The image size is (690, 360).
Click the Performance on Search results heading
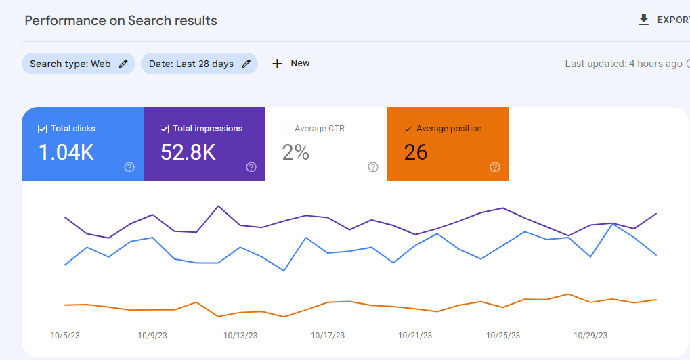coord(121,20)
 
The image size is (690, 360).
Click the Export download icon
coord(643,20)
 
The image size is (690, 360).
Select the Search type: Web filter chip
coord(70,64)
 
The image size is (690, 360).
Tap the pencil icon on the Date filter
coord(246,64)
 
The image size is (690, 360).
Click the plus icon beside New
coord(276,64)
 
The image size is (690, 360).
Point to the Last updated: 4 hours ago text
coord(624,64)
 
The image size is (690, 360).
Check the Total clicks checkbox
coord(42,129)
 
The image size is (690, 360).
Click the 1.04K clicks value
coord(66,152)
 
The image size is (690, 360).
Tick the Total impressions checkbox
coord(164,129)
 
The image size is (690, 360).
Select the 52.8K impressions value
coord(188,152)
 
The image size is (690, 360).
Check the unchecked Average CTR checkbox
coord(286,129)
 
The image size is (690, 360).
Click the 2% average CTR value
coord(295,152)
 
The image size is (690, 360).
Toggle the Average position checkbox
coord(408,129)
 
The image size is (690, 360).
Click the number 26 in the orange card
coord(415,152)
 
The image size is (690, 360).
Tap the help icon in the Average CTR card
coord(373,167)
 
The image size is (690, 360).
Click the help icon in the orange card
coord(495,167)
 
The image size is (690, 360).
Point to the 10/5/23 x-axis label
coord(65,335)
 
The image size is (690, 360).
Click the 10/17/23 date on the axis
coord(328,335)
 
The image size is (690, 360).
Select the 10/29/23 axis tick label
coord(590,335)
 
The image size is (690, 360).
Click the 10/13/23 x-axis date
coord(240,335)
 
